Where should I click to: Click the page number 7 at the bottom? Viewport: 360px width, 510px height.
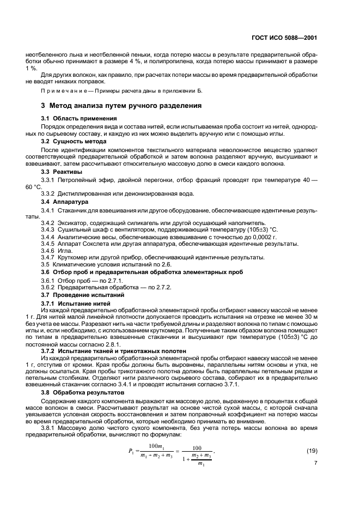pyautogui.click(x=316, y=463)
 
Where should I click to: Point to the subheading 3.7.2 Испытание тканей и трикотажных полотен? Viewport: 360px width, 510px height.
pyautogui.click(x=114, y=351)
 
